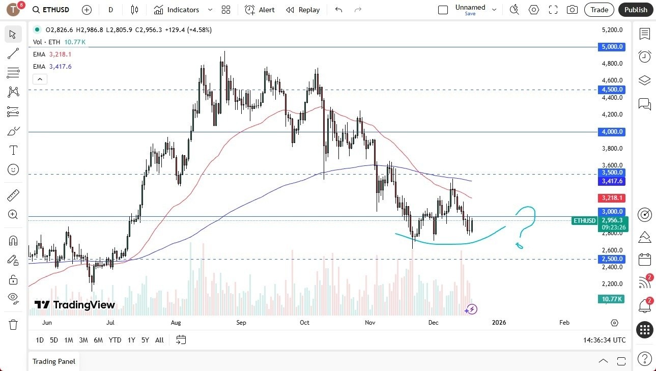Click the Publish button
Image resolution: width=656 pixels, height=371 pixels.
[x=636, y=10]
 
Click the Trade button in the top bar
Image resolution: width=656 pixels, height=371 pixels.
[x=599, y=10]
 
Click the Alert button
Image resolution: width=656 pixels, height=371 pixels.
[x=260, y=10]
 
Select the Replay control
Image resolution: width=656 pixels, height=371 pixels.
[x=303, y=10]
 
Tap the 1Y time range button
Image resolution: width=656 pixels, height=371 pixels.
[x=131, y=340]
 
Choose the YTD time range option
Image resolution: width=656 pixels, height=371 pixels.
[x=115, y=340]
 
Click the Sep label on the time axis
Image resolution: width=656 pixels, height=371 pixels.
[x=241, y=323]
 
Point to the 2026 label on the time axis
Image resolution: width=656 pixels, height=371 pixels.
[x=499, y=323]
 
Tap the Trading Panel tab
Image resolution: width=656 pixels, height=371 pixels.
[x=54, y=361]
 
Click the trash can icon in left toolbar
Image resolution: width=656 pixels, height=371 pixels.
[x=13, y=325]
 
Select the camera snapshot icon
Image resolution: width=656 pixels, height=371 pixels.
[x=572, y=10]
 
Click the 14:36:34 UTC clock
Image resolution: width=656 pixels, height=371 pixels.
[x=605, y=340]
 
